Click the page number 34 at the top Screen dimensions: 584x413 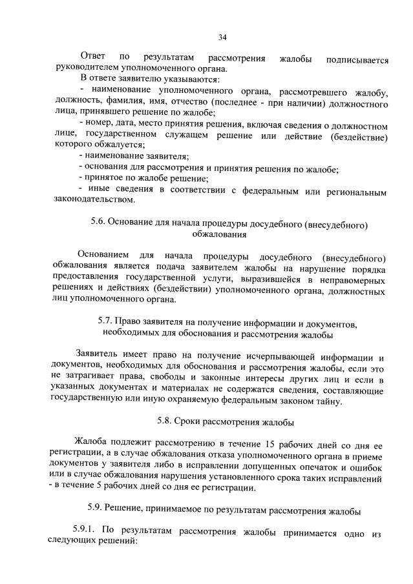pos(222,37)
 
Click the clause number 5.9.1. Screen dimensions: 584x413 pos(87,529)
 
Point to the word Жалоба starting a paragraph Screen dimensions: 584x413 pos(92,445)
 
